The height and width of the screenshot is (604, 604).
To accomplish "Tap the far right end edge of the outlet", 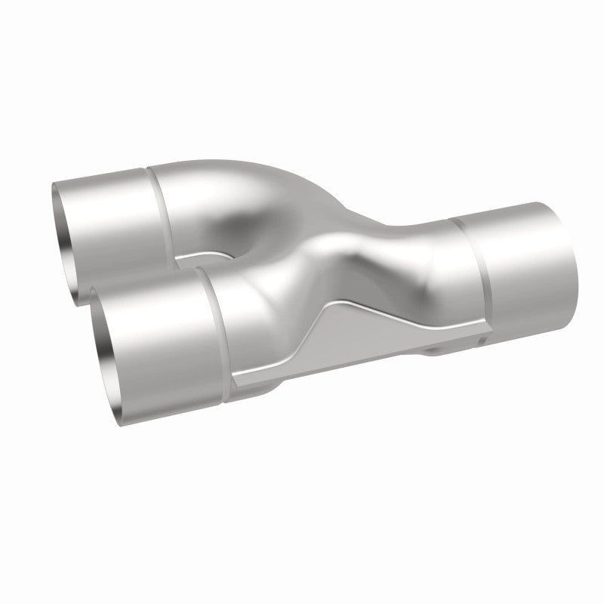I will tap(571, 257).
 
